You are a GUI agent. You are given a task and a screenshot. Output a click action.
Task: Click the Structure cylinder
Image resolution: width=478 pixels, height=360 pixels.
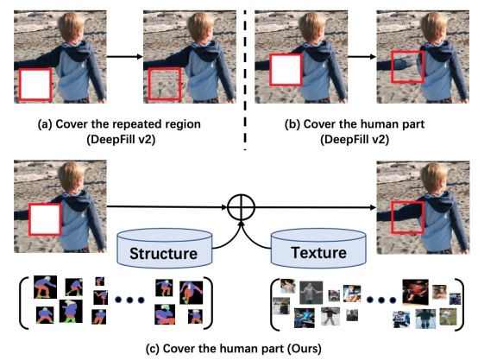[x=164, y=248]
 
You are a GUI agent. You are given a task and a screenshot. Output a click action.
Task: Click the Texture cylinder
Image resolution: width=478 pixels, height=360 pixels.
[x=318, y=248]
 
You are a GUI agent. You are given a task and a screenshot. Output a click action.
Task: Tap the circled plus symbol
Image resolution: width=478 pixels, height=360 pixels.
[x=241, y=207]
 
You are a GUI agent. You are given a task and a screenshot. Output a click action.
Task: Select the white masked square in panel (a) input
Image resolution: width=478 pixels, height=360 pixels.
[x=35, y=85]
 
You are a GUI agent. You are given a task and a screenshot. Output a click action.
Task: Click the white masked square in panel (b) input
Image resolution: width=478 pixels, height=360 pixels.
[x=286, y=70]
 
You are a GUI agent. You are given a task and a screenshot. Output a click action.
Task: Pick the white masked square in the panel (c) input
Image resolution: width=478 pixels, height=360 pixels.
[x=45, y=219]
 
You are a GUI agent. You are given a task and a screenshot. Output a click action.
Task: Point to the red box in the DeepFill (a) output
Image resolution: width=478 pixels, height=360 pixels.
[x=165, y=84]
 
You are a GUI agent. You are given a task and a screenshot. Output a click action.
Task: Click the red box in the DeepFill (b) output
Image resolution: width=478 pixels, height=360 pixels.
[x=407, y=66]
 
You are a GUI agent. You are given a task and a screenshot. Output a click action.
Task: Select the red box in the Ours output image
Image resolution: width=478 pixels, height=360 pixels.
[x=407, y=218]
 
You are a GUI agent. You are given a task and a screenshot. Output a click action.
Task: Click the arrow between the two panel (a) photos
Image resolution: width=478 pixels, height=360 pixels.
[x=125, y=56]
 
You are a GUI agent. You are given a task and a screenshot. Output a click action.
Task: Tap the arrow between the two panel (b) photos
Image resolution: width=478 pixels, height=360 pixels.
[x=362, y=56]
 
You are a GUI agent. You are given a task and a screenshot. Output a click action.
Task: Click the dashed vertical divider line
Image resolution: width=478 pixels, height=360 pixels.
[x=245, y=80]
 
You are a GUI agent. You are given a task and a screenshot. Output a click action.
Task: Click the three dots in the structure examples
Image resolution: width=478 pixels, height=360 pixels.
[x=129, y=300]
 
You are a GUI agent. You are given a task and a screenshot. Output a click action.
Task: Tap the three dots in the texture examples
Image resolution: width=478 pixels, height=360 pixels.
[x=381, y=300]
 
